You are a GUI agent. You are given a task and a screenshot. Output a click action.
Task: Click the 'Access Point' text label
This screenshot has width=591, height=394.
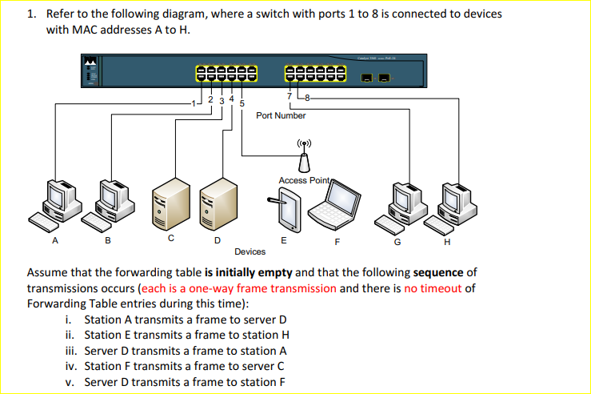pyautogui.click(x=304, y=180)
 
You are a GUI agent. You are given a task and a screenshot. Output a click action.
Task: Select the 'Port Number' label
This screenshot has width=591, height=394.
pyautogui.click(x=281, y=115)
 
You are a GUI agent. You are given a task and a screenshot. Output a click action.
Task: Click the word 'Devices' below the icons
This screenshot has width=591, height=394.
pyautogui.click(x=250, y=251)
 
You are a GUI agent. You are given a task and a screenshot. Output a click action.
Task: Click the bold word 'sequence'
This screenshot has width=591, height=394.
pyautogui.click(x=438, y=273)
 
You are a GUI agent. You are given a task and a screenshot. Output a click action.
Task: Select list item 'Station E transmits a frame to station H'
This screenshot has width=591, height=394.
pyautogui.click(x=186, y=335)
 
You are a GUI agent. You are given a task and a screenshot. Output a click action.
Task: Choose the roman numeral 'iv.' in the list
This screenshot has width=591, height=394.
pyautogui.click(x=70, y=366)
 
